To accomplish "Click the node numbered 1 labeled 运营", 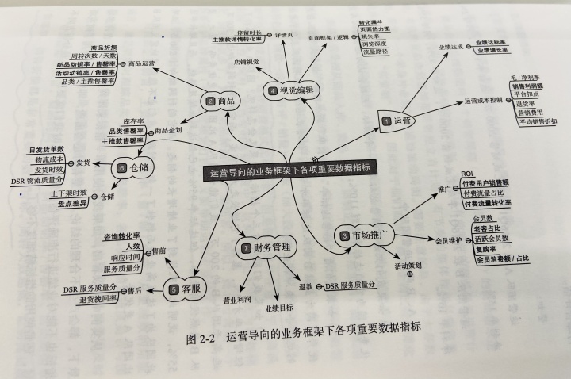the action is tap(397, 121).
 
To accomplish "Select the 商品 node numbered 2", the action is tap(221, 101).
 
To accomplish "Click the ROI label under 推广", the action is tap(467, 173).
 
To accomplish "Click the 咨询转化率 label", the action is tap(121, 235).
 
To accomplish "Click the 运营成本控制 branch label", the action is tap(483, 102).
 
